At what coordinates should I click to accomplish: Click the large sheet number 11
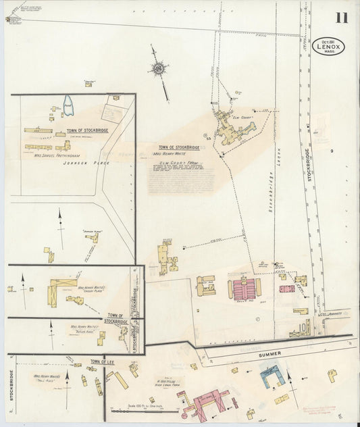click(342, 17)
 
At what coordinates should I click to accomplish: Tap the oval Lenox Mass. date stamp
click(330, 46)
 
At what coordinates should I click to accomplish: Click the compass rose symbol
click(158, 68)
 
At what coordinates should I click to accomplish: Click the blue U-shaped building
click(272, 374)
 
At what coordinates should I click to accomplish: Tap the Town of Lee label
click(103, 362)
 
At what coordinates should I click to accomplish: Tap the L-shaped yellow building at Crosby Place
click(57, 291)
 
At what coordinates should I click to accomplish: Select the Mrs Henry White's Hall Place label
click(47, 378)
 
